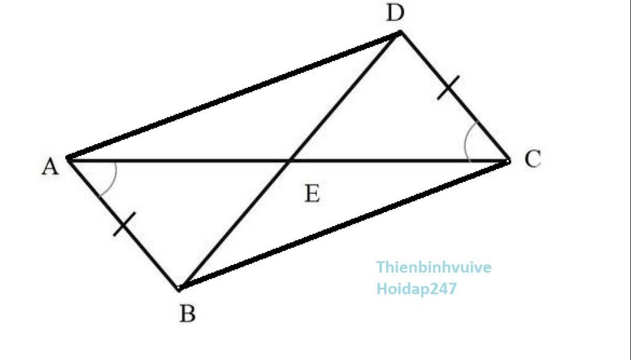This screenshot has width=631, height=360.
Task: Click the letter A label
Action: (51, 166)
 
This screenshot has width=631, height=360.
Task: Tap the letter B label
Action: (187, 314)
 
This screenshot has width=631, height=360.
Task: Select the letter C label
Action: (533, 158)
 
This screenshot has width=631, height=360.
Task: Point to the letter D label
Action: (395, 14)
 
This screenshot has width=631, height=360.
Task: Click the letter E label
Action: (312, 194)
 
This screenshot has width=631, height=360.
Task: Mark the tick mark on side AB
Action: (124, 224)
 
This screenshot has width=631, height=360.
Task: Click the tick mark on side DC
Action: (449, 88)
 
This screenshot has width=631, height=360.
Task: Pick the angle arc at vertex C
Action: (468, 141)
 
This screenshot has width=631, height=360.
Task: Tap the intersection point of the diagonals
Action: (289, 162)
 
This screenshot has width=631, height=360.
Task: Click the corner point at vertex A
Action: (68, 159)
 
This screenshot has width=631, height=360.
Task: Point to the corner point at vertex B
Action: (180, 287)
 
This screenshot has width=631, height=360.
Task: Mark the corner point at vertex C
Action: (508, 162)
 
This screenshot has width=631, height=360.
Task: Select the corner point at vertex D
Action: (400, 32)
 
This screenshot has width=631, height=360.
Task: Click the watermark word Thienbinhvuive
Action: (434, 267)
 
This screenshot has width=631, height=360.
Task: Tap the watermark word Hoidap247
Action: (417, 288)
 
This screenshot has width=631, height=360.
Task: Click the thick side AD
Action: (234, 96)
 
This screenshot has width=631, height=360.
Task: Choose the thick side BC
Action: (344, 225)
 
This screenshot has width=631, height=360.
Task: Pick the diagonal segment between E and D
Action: (344, 97)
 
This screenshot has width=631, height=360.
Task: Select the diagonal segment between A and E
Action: (179, 161)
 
